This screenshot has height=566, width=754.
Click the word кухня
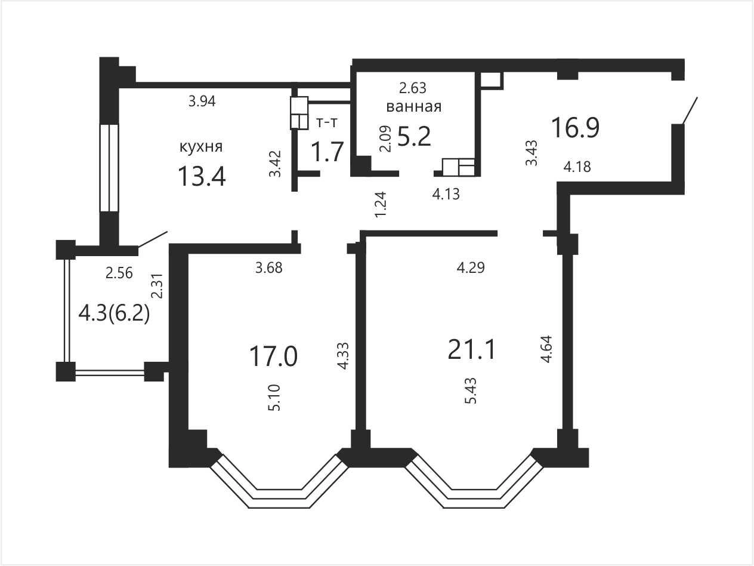[x=201, y=147]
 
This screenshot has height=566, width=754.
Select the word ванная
[x=413, y=106]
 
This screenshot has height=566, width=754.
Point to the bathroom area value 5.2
[x=414, y=136]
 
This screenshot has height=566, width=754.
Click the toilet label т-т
[x=327, y=122]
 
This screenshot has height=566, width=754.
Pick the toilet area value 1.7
[x=327, y=152]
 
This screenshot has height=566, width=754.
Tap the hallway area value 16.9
[x=576, y=128]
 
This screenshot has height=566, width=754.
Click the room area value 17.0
[x=273, y=356]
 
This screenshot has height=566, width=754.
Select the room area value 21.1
[x=472, y=350]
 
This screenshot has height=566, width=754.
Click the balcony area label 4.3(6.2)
[x=114, y=314]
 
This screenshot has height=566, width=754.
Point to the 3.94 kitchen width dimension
[x=202, y=101]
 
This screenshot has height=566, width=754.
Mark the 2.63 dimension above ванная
[x=413, y=88]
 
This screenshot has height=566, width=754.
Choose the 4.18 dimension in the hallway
[x=577, y=167]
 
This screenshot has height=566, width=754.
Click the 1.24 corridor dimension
[x=381, y=204]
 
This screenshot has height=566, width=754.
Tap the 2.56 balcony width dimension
[x=119, y=273]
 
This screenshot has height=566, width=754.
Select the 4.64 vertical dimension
[x=546, y=349]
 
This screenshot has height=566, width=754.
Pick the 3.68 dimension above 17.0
[x=269, y=268]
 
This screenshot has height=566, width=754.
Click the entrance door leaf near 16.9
[x=690, y=110]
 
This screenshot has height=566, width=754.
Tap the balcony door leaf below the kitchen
[x=153, y=239]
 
